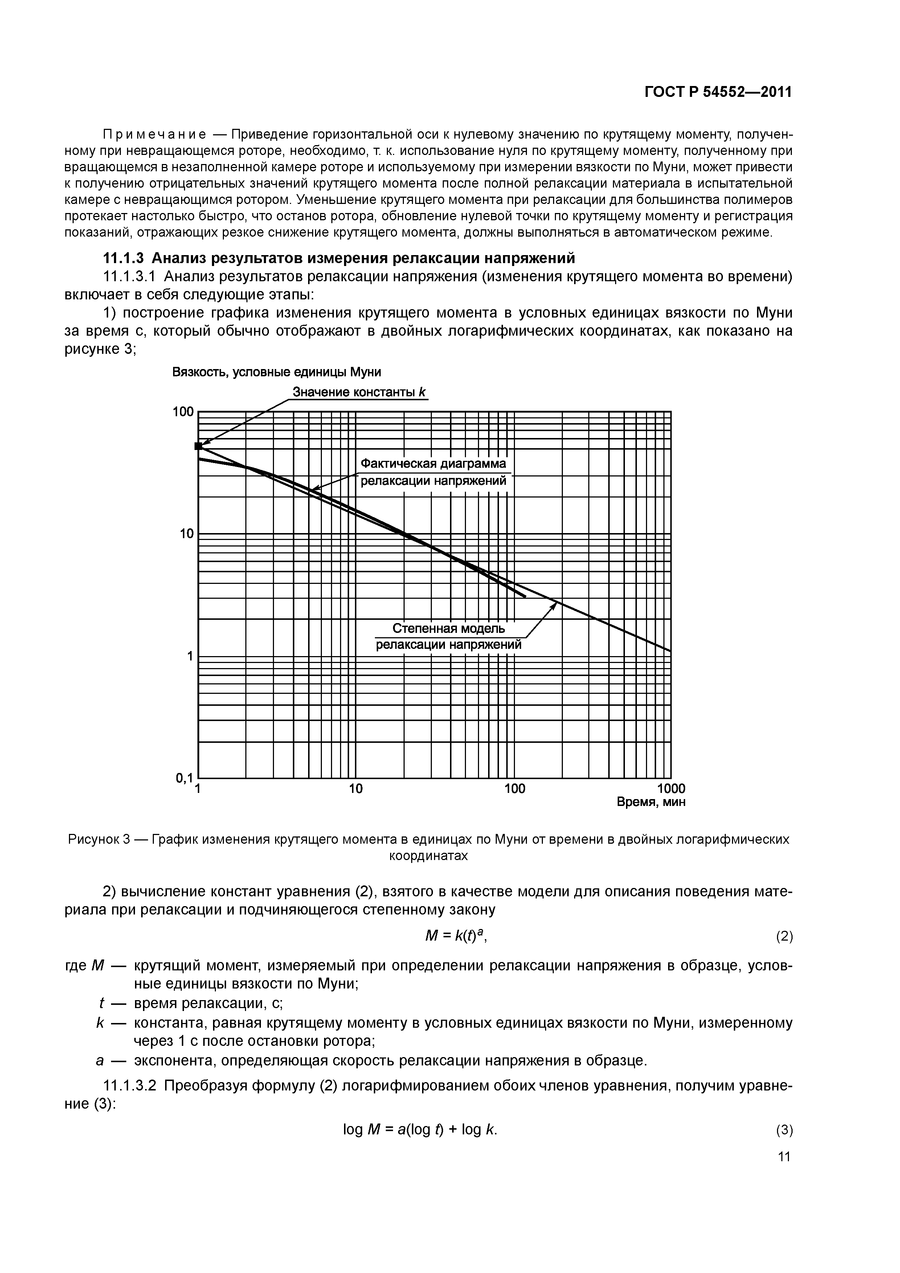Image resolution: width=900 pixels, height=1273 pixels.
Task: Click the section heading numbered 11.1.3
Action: pyautogui.click(x=339, y=258)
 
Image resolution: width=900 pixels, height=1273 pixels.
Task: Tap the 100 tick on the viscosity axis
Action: pyautogui.click(x=183, y=412)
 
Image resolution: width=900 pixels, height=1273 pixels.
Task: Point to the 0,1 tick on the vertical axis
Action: pyautogui.click(x=184, y=778)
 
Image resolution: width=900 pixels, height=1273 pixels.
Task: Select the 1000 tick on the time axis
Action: pyautogui.click(x=671, y=789)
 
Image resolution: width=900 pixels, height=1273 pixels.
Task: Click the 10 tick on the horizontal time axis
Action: pyautogui.click(x=355, y=789)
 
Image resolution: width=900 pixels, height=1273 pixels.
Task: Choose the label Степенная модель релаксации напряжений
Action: pyautogui.click(x=449, y=636)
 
